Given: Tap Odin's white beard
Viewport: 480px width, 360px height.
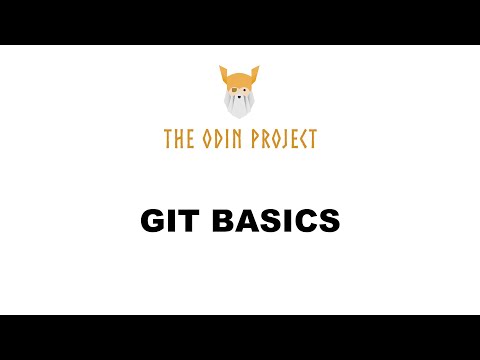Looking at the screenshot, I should pyautogui.click(x=239, y=104).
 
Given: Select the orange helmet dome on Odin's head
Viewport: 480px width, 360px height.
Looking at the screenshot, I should pyautogui.click(x=239, y=78).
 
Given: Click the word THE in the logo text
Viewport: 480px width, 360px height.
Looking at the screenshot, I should pyautogui.click(x=179, y=139).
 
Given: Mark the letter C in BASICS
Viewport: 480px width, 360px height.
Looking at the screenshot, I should pyautogui.click(x=308, y=221).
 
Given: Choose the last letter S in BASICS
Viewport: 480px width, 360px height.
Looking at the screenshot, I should pyautogui.click(x=330, y=221).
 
